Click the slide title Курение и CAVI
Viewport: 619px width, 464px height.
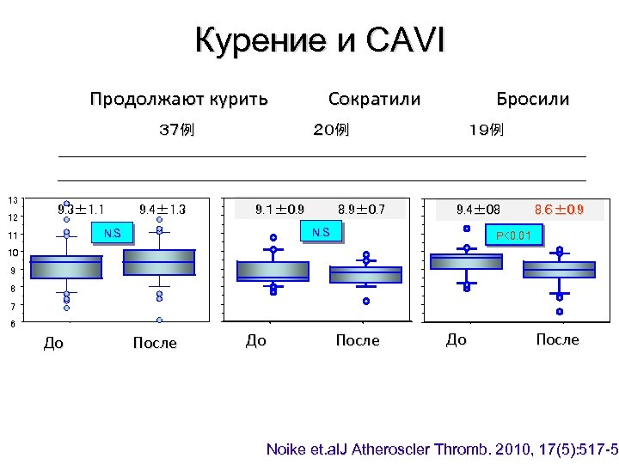320,40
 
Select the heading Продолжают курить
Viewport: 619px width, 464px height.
179,99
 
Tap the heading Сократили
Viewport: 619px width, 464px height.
375,99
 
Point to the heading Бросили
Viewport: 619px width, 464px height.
532,99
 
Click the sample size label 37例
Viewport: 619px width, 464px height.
177,130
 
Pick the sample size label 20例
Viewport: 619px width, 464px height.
331,130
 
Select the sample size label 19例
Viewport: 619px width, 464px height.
486,130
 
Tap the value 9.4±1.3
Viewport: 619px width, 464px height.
162,209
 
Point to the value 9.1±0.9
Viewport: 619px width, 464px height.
279,209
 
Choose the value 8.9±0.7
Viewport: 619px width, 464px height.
361,209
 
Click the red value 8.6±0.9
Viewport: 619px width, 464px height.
559,209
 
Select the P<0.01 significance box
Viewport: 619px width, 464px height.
514,235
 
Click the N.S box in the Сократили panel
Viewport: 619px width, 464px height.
322,231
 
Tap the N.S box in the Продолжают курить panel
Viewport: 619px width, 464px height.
113,233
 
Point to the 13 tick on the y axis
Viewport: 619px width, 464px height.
13,200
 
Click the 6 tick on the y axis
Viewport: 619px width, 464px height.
13,324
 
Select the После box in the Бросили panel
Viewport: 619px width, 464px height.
559,269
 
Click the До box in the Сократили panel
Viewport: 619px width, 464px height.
273,272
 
